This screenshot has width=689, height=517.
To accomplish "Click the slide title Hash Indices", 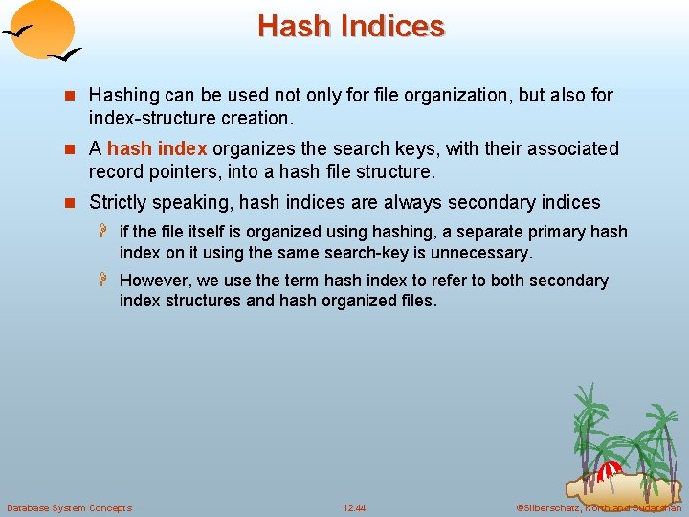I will (x=350, y=26).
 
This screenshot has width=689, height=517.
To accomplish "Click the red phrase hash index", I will (x=157, y=148).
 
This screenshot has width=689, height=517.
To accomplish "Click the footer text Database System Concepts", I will (x=69, y=507).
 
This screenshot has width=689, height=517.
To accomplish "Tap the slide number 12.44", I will (x=354, y=507).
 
